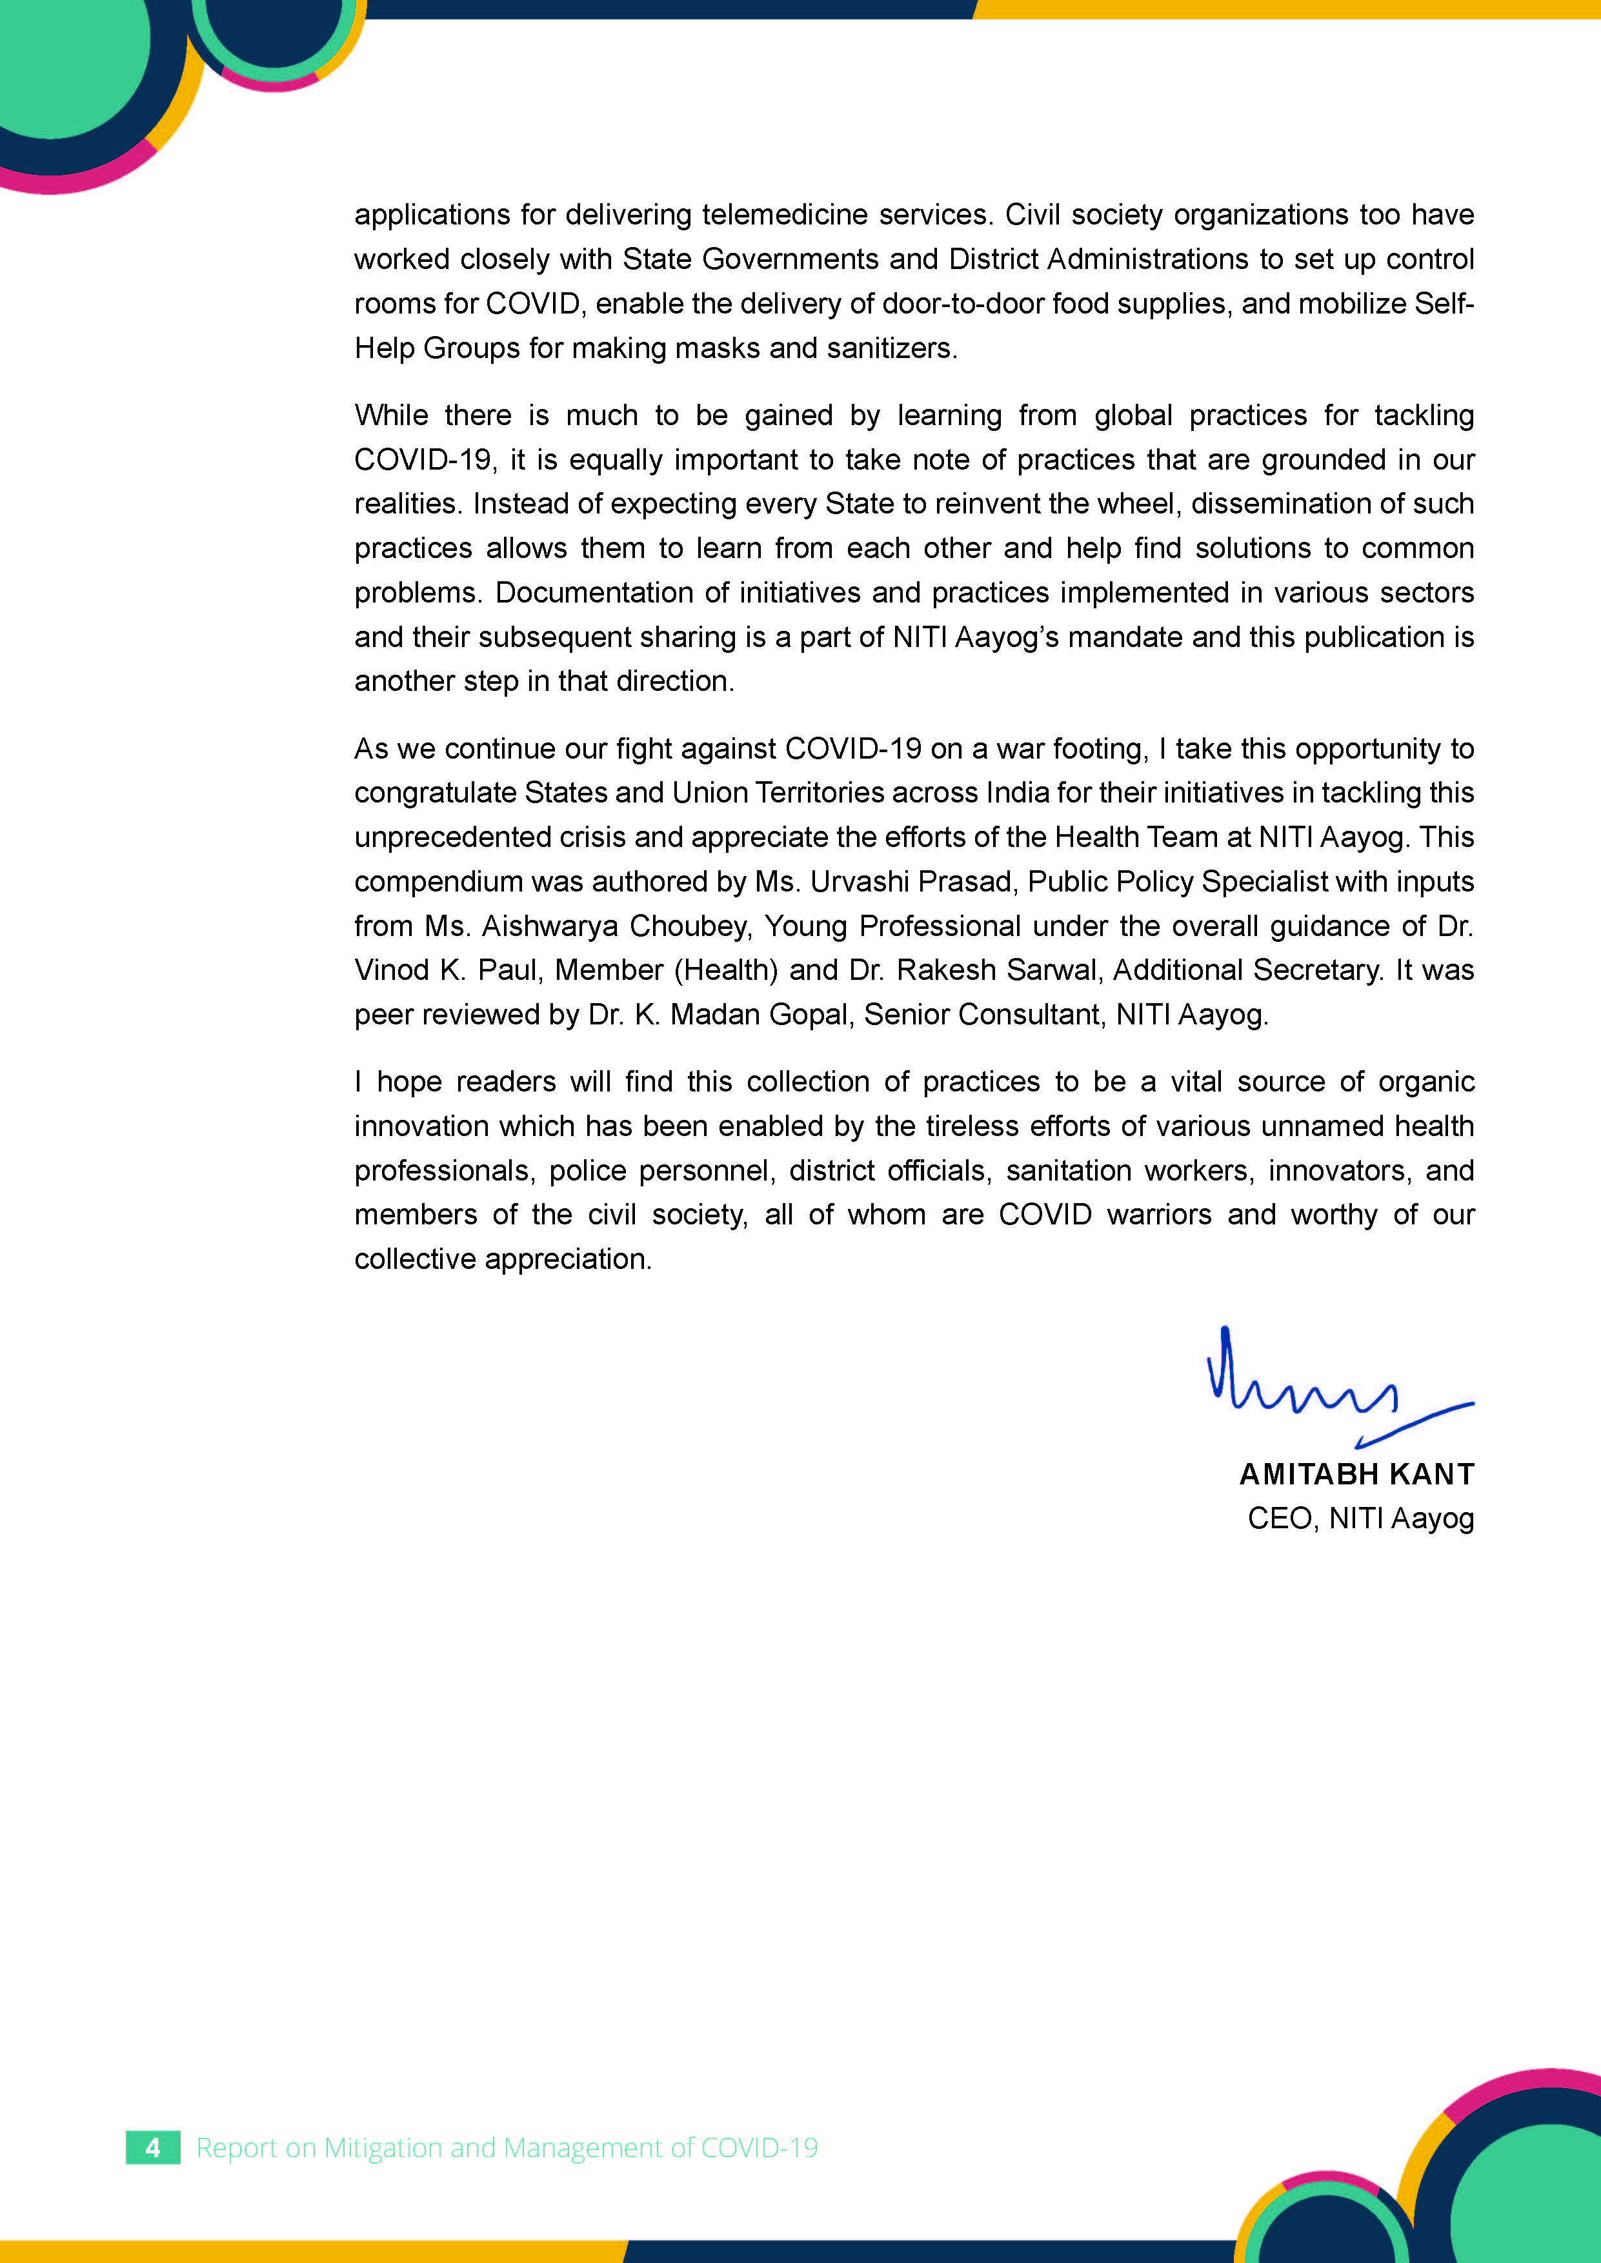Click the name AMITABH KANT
pyautogui.click(x=1356, y=1475)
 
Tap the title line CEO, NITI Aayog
pyautogui.click(x=1360, y=1518)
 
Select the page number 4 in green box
pyautogui.click(x=153, y=2148)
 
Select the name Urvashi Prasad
pyautogui.click(x=912, y=881)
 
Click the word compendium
pyautogui.click(x=434, y=881)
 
